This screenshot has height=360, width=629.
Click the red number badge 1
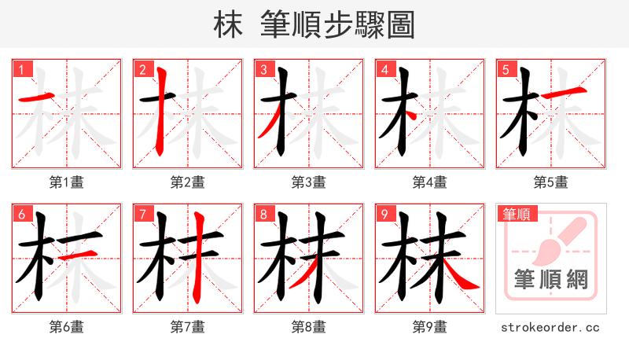tap(21, 70)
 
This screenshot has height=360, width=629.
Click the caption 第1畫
tap(66, 182)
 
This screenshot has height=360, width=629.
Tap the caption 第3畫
tap(308, 182)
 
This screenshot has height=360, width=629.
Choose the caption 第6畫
tap(66, 326)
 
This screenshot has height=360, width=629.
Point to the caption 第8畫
tap(308, 326)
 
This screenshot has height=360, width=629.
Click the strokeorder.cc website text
tap(550, 326)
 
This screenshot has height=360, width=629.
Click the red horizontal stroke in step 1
tap(34, 98)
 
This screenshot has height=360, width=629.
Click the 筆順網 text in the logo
tap(550, 280)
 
